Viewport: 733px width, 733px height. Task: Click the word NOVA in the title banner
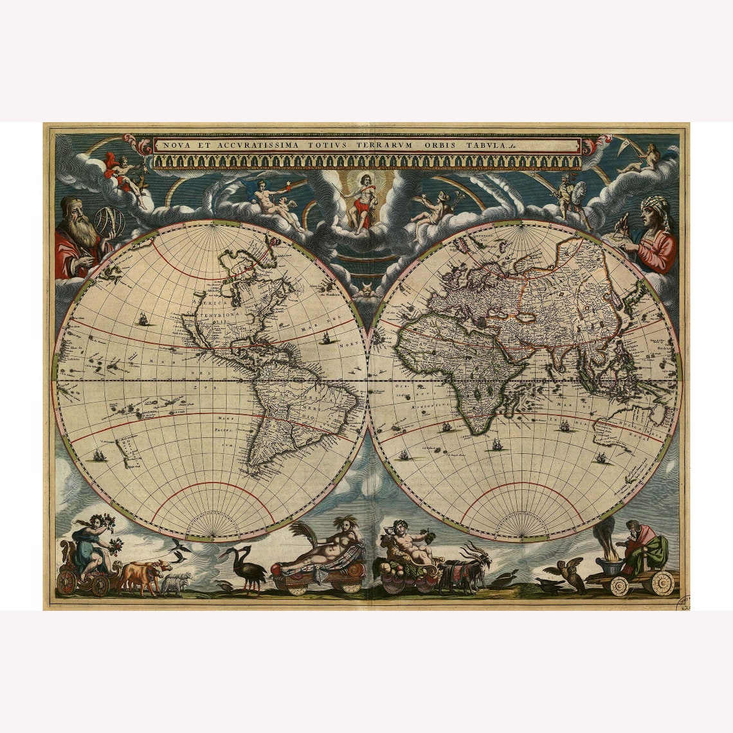click(x=175, y=145)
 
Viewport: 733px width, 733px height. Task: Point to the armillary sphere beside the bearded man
click(x=108, y=222)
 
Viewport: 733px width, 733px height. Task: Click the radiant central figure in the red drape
click(x=360, y=199)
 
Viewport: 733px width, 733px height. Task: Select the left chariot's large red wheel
click(x=66, y=583)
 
